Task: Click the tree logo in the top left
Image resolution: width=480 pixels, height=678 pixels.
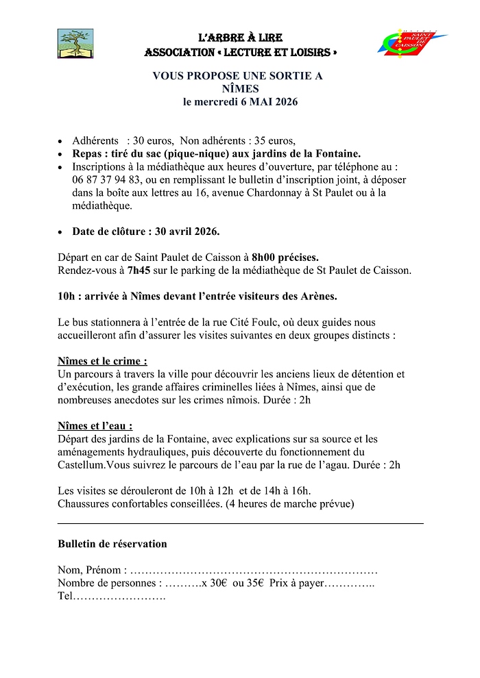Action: pyautogui.click(x=75, y=44)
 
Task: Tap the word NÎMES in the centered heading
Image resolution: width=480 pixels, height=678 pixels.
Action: pyautogui.click(x=240, y=89)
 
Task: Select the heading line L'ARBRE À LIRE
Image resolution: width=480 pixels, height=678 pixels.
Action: pyautogui.click(x=240, y=38)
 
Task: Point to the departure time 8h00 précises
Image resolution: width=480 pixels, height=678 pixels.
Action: pyautogui.click(x=285, y=258)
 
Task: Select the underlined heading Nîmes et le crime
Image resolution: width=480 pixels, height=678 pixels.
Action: pyautogui.click(x=102, y=361)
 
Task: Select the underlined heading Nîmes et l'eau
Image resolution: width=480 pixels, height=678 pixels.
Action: pyautogui.click(x=95, y=425)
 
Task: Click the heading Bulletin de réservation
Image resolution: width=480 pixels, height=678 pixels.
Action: pyautogui.click(x=112, y=544)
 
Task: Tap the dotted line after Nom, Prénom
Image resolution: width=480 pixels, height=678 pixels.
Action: pyautogui.click(x=254, y=570)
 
